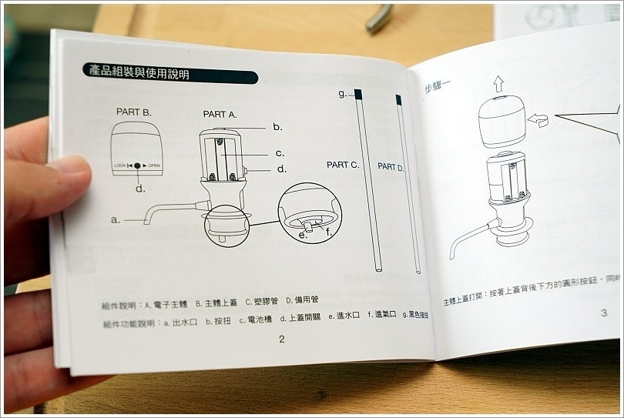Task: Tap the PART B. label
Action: click(133, 112)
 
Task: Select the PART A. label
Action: click(220, 114)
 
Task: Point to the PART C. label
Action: click(343, 165)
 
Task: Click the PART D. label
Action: click(391, 167)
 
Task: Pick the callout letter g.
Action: click(342, 94)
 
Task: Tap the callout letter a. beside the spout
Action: click(116, 219)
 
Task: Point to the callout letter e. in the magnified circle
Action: click(303, 234)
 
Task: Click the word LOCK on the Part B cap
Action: click(120, 166)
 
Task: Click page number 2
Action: click(281, 339)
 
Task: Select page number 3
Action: click(603, 313)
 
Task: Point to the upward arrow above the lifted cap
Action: click(499, 82)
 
